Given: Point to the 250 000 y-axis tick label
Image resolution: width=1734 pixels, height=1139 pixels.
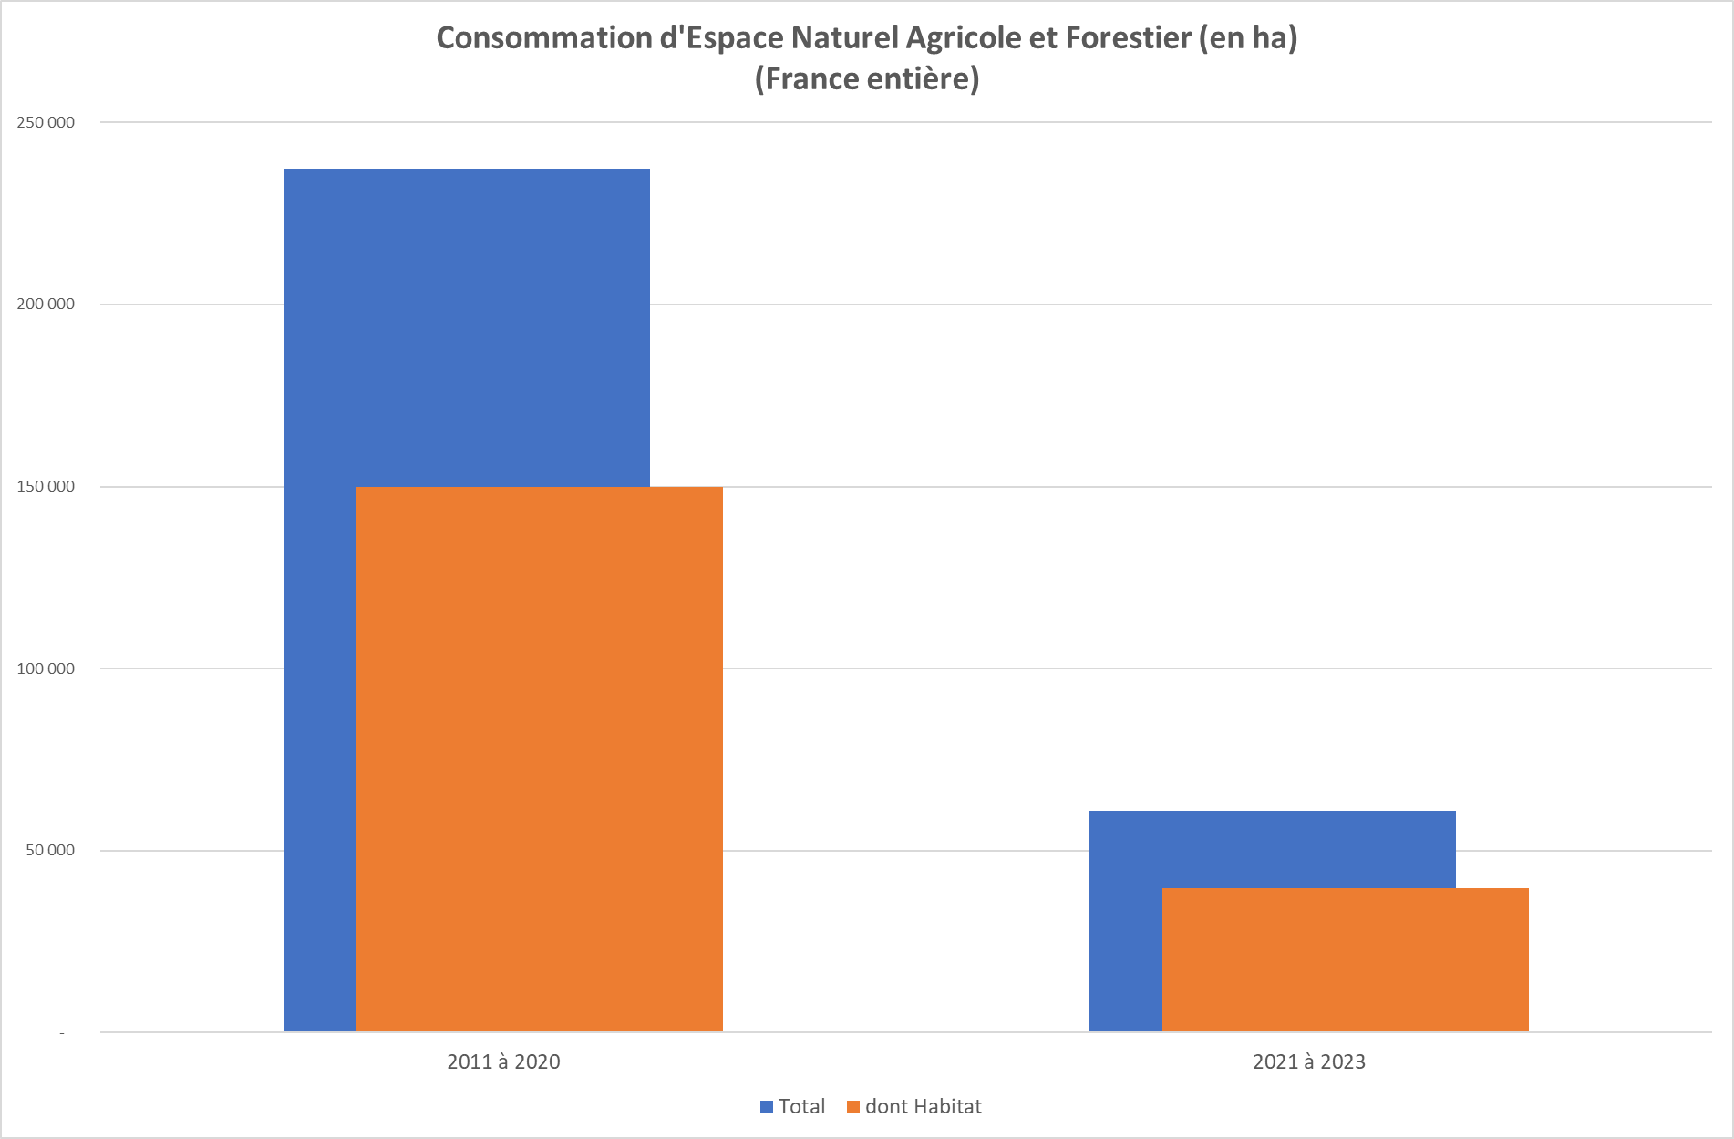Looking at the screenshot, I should point(46,123).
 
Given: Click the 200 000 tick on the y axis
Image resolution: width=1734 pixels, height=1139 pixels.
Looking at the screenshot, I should point(46,305).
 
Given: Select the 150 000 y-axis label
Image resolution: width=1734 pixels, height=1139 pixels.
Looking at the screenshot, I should point(46,487).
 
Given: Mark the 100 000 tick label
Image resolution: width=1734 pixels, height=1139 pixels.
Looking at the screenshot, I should point(46,668).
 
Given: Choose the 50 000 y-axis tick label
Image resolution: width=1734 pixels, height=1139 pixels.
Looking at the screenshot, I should point(50,851).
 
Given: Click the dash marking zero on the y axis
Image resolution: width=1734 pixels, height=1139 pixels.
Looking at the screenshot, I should point(62,1033).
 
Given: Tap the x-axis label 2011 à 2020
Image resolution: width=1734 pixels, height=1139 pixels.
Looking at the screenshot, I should point(503,1061).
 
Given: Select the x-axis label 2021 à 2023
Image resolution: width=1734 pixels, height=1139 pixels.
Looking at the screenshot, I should point(1309,1061).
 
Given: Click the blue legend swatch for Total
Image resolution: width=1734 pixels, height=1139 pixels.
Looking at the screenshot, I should point(767,1107).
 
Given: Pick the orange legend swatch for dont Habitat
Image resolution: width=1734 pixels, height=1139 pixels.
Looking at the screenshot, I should point(853,1107).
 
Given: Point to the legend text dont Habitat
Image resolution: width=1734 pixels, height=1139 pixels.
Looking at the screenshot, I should point(923,1107).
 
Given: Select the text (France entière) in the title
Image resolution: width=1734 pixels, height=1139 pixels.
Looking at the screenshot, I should point(867,79).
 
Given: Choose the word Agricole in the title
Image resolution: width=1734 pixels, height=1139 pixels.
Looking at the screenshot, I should point(965,38).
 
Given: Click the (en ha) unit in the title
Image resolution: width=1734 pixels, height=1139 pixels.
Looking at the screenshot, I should point(1248,38).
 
